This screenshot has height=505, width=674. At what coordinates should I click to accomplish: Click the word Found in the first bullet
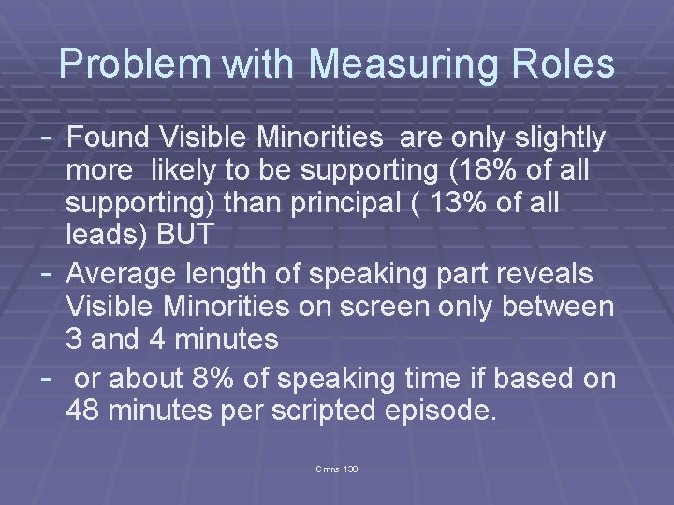point(110,139)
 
